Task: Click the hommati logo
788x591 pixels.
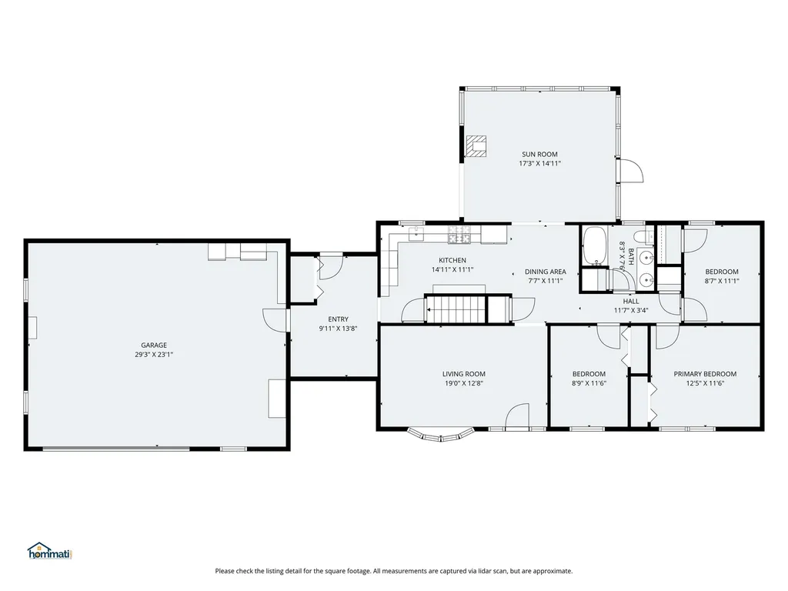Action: (50, 551)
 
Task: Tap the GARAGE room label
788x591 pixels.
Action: (154, 346)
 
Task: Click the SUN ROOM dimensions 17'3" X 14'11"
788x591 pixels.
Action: (539, 163)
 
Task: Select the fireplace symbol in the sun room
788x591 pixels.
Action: (476, 146)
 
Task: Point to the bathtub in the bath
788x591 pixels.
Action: (596, 246)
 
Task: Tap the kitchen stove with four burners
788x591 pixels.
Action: (460, 235)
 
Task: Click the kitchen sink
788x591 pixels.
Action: (416, 233)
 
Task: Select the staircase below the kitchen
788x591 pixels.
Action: (456, 309)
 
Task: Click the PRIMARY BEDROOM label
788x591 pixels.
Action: (705, 374)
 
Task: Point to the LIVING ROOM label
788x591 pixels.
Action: (464, 374)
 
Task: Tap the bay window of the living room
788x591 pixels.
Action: (441, 436)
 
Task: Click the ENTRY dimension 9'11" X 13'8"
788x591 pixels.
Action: (339, 329)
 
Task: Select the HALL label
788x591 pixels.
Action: (631, 302)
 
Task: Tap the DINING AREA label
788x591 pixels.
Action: (546, 272)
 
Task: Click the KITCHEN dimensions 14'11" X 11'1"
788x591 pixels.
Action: (452, 269)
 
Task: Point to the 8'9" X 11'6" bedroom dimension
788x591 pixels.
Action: (589, 383)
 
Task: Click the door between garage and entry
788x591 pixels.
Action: (275, 319)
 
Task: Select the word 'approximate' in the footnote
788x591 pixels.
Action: (552, 571)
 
